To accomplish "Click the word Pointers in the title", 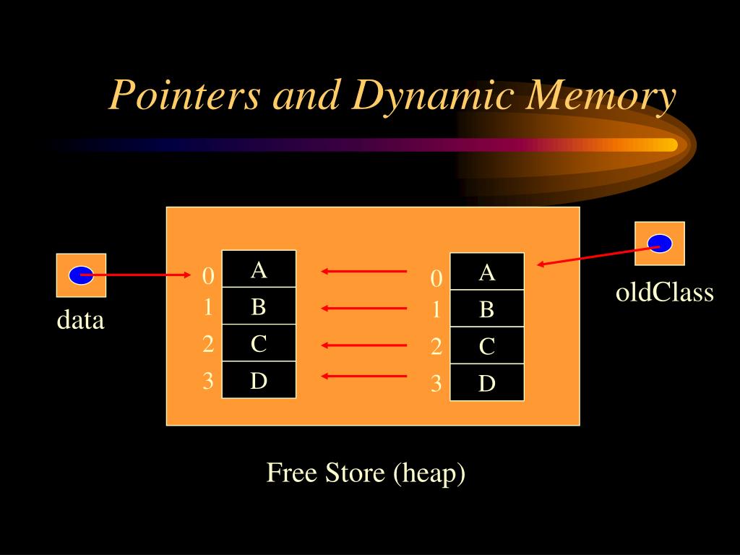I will tap(184, 95).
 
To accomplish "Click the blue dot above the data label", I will tap(81, 275).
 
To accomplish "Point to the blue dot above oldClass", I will tap(659, 244).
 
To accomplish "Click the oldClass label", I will tap(664, 293).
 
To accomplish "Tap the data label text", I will tap(81, 319).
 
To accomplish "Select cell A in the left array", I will tap(259, 270).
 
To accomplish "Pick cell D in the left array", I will tap(259, 380).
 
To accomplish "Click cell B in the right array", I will tap(486, 309).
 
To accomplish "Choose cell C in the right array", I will tap(486, 347).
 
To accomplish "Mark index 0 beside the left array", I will tap(208, 276).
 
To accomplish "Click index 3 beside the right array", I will tap(436, 384).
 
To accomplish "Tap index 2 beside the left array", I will tap(208, 344).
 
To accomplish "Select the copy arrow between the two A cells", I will tap(364, 272).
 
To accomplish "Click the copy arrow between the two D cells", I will tap(364, 376).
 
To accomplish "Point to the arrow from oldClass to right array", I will tap(598, 254).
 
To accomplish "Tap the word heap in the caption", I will tap(429, 473).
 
